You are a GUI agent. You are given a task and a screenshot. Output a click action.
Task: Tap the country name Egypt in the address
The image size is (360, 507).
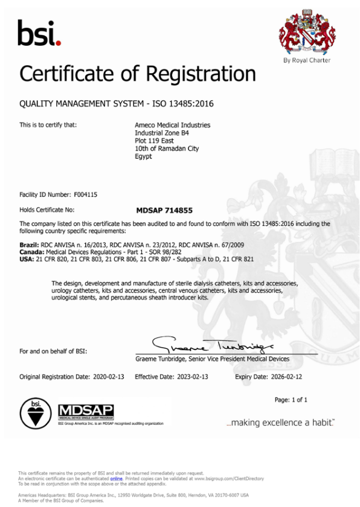[x=143, y=156]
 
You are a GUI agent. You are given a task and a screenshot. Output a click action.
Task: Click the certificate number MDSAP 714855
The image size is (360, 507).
[x=165, y=210]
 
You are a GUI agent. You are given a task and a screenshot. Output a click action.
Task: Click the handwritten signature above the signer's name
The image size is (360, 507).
[x=211, y=346]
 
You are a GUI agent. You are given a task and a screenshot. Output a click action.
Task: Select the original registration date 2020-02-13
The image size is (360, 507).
[x=109, y=376]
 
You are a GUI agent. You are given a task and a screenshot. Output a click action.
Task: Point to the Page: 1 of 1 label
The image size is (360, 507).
[x=291, y=400]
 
